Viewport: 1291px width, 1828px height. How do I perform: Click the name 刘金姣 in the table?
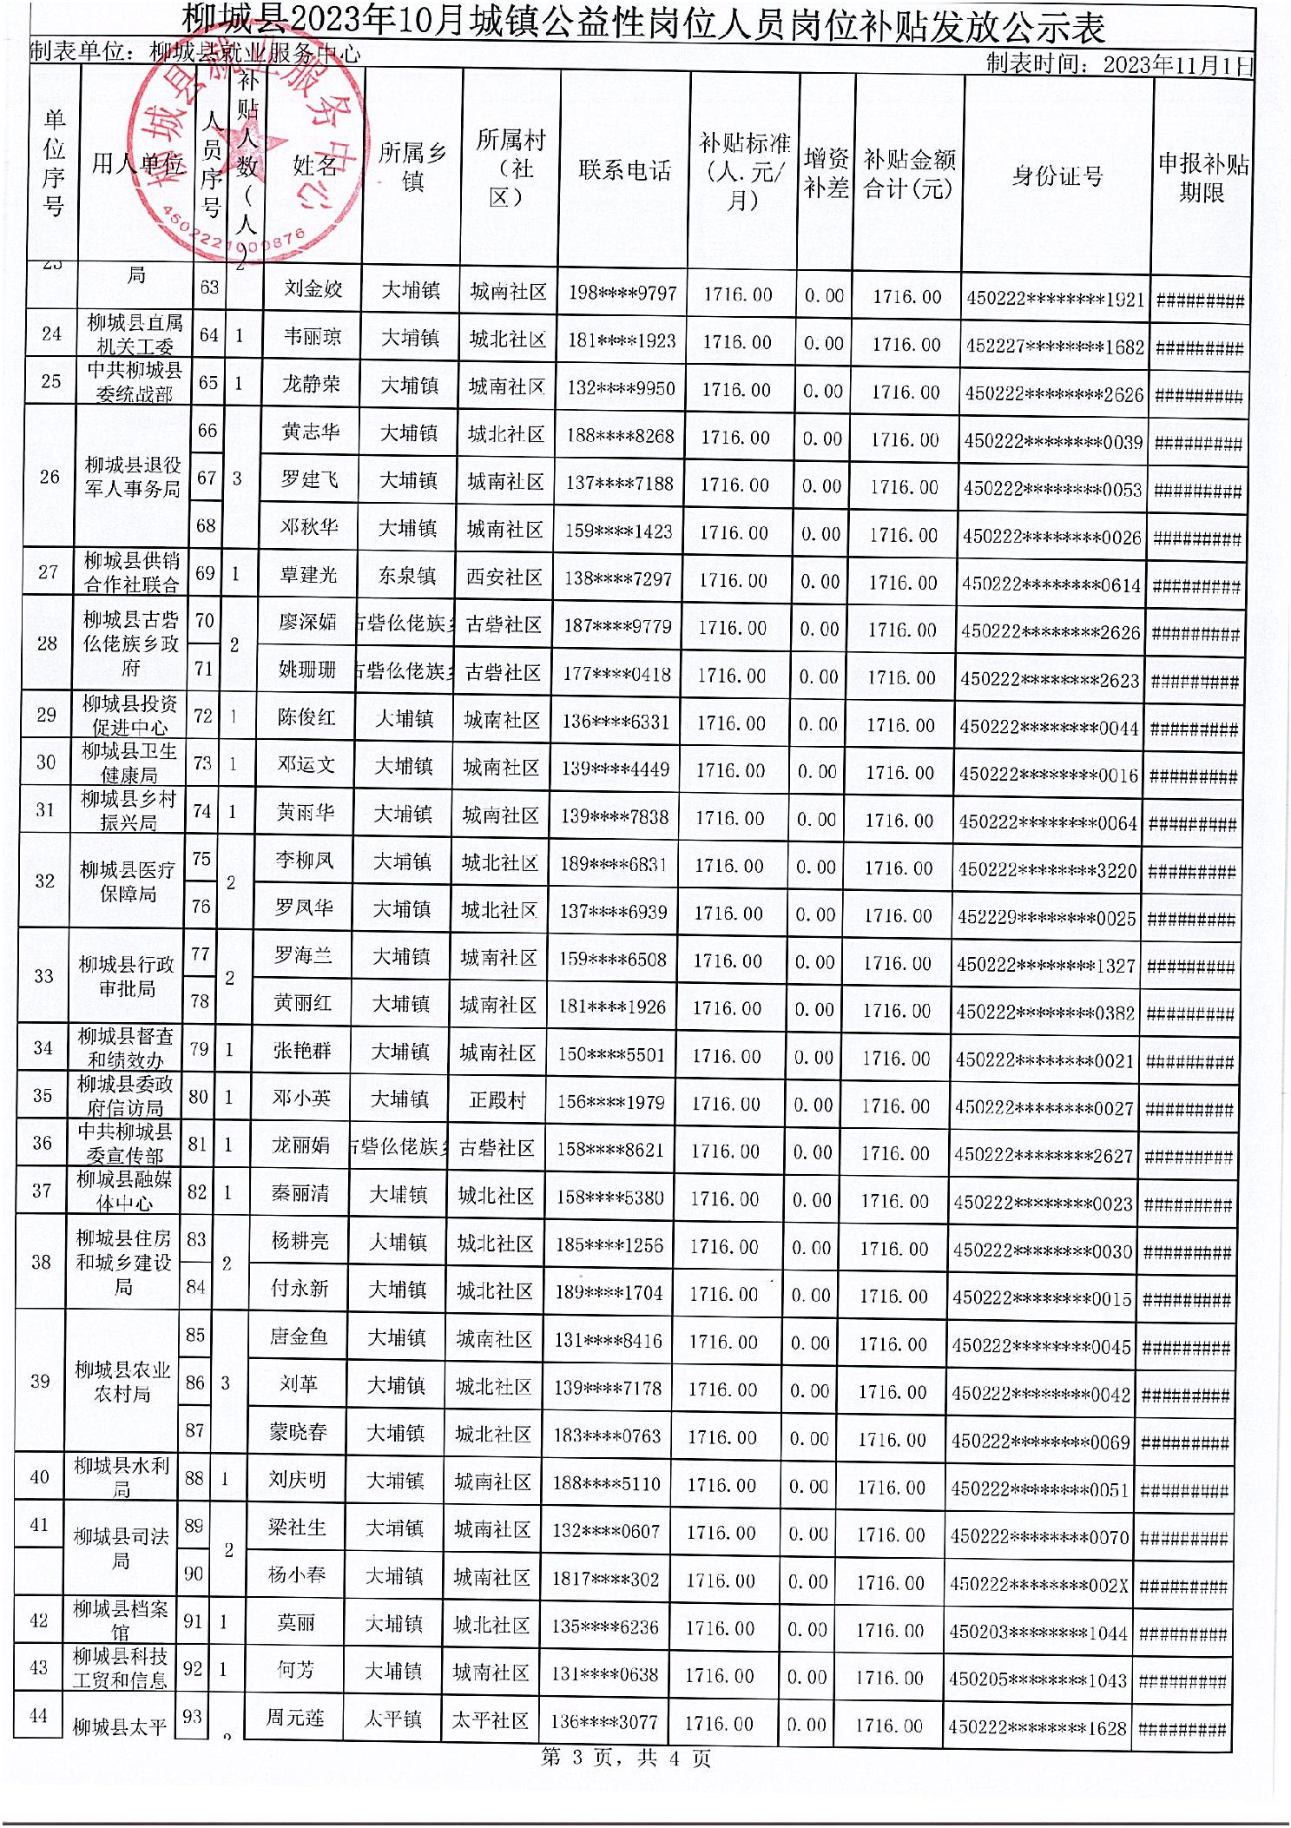tap(313, 289)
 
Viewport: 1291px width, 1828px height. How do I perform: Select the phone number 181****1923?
tap(622, 340)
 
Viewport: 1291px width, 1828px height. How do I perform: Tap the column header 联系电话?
tap(625, 170)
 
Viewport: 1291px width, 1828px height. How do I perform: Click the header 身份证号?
tap(1057, 176)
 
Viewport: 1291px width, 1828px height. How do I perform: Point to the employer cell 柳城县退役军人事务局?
tap(133, 478)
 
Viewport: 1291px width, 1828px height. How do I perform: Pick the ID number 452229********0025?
tap(1046, 917)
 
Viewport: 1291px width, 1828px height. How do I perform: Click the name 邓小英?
tap(301, 1099)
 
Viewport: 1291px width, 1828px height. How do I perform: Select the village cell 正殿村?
tap(497, 1100)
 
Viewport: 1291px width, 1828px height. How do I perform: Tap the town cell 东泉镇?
tap(407, 576)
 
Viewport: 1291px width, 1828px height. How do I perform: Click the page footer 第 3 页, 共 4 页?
tap(626, 1759)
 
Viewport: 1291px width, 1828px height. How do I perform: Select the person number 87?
tap(195, 1430)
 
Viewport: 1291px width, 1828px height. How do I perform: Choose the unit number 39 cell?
tap(40, 1381)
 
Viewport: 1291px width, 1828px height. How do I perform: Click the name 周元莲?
tap(295, 1718)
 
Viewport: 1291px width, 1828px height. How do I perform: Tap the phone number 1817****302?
tap(606, 1579)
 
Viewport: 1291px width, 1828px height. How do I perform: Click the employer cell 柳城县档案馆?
tap(121, 1620)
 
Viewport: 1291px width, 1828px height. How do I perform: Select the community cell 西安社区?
tap(504, 577)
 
